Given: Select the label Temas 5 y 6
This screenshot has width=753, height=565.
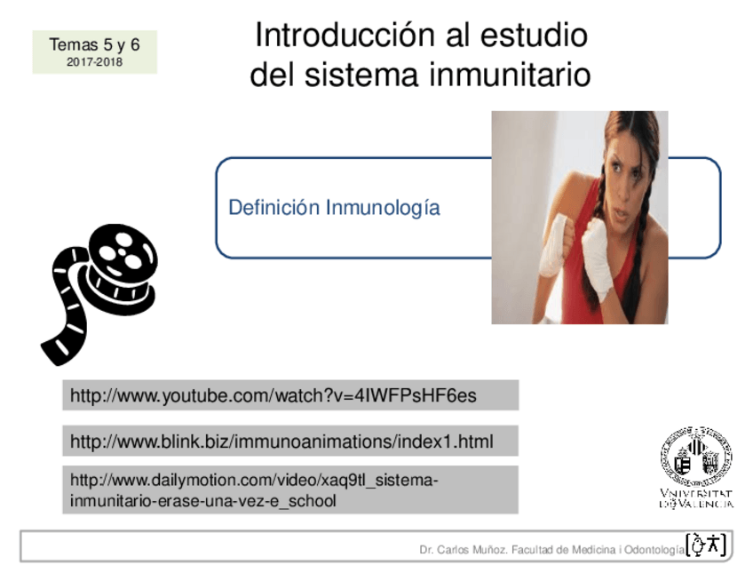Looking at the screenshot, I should (x=94, y=44).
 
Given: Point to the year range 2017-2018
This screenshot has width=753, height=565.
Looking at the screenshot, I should (x=94, y=62).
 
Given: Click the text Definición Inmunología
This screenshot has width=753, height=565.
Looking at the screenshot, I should (x=334, y=208).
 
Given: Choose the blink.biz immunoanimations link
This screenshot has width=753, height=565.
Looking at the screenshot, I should (x=281, y=442).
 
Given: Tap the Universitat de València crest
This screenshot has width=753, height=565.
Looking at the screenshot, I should (x=695, y=457).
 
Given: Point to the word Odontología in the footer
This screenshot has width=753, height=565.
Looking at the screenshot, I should (x=654, y=550).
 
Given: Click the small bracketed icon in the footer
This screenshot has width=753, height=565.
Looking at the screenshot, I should (x=707, y=545).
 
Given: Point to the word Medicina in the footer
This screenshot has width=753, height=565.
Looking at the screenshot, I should (x=591, y=550).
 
